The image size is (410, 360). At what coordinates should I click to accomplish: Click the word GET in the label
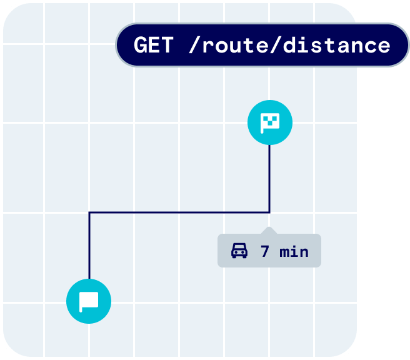point(153,45)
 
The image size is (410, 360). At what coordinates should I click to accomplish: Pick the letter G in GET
point(141,45)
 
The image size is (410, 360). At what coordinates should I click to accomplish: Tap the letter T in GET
point(166,45)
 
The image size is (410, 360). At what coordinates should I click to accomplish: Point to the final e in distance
point(383,45)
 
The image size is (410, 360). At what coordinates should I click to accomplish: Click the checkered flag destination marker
point(270,122)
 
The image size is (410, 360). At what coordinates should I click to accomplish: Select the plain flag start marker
point(89,301)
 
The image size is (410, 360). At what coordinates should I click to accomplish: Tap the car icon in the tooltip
point(239,251)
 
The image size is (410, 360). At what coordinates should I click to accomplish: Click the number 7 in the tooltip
point(265,252)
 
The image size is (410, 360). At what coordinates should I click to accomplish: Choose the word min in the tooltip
point(294,252)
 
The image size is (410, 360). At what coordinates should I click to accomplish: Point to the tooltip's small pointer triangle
point(269,230)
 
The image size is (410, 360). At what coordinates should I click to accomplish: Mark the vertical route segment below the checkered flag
point(269,178)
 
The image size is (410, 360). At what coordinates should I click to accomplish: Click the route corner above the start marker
point(89,212)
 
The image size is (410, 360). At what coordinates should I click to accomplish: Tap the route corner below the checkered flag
point(269,212)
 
